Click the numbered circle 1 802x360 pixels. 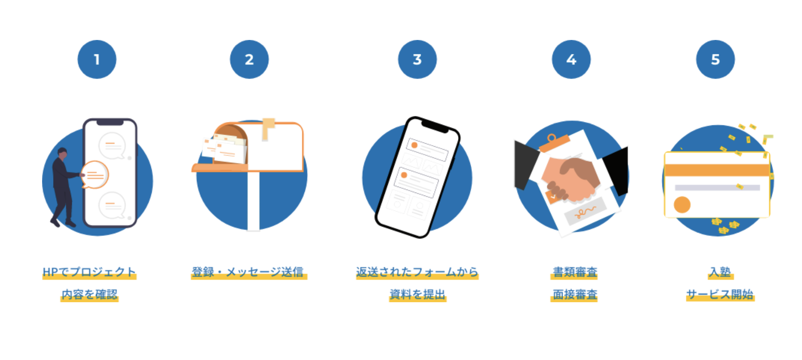97,60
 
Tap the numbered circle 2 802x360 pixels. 249,60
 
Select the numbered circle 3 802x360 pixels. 417,60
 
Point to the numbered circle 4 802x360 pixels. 571,60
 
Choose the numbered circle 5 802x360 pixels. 715,60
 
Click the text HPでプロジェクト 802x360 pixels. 89,272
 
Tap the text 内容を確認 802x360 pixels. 89,294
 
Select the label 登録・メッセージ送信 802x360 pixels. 248,272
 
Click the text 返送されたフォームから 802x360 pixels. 417,272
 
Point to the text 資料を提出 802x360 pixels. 418,294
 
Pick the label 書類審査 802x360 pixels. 575,272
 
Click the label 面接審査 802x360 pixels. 575,294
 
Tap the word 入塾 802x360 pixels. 720,272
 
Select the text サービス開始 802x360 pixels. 720,294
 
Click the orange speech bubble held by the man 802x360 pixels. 95,174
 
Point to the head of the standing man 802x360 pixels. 63,153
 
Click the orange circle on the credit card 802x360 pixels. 682,204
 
